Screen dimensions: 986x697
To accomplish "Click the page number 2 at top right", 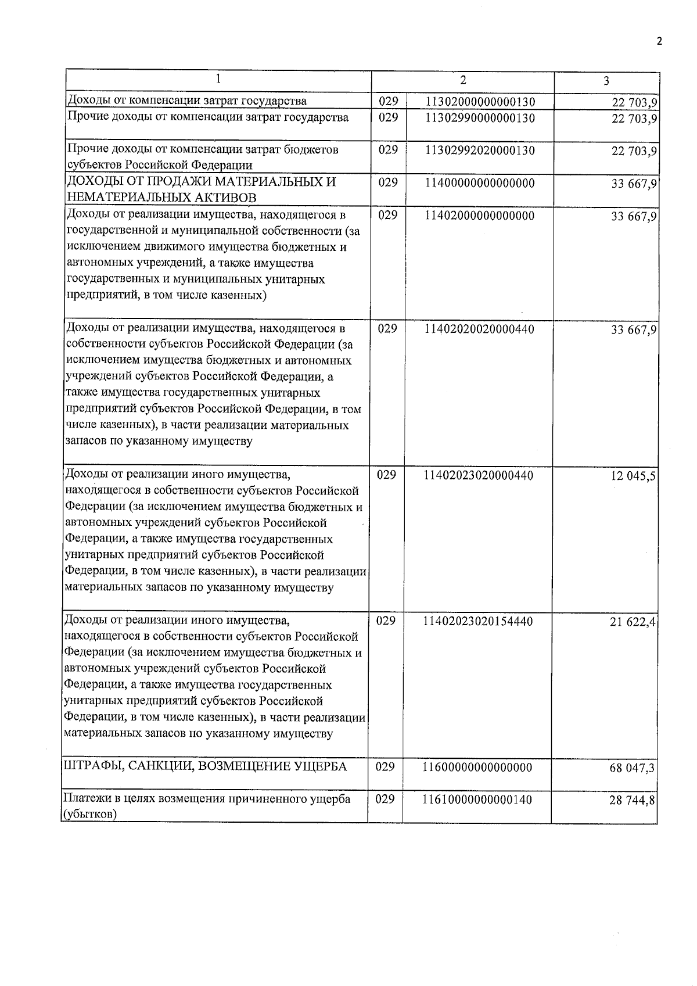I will click(659, 41).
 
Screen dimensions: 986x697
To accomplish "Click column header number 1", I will click(218, 79).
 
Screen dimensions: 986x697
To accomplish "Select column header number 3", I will click(606, 81).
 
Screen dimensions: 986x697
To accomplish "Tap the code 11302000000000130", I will click(480, 102).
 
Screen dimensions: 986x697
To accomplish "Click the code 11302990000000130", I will click(480, 118).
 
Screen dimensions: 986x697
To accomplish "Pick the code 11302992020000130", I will click(480, 150).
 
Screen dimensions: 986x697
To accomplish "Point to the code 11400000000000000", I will click(480, 184).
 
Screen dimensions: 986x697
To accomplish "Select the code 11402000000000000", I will click(480, 216).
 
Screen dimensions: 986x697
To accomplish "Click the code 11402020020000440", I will click(480, 329).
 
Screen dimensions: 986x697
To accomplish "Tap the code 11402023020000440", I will click(479, 476).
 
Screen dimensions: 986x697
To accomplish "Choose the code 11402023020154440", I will click(479, 622).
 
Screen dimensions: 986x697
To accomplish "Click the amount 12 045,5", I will click(633, 476).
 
